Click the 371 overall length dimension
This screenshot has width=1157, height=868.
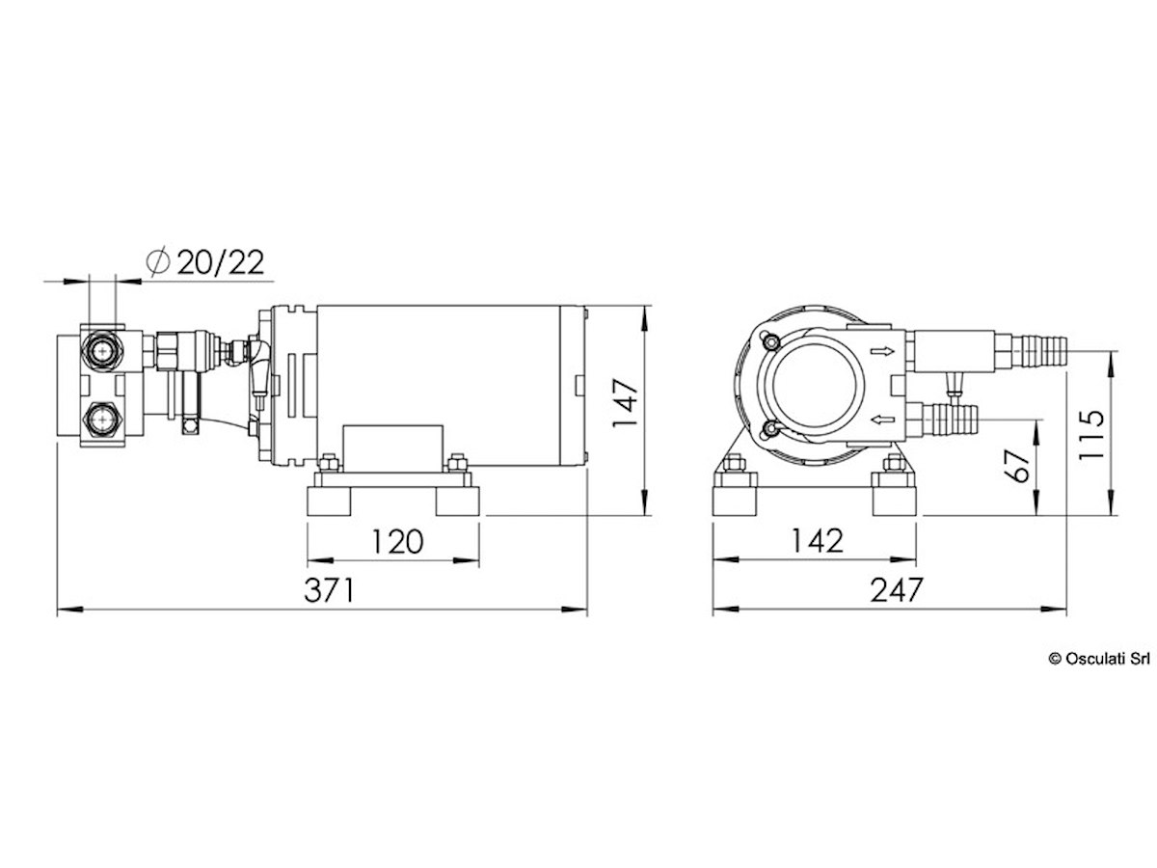click(x=329, y=589)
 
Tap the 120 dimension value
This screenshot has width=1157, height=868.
click(x=397, y=541)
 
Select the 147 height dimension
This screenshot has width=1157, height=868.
click(x=627, y=403)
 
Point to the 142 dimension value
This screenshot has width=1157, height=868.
click(x=818, y=541)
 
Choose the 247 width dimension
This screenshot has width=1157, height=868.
click(x=897, y=589)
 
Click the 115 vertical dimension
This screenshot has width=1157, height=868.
click(x=1091, y=435)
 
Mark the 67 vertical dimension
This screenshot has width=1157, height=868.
click(x=1017, y=466)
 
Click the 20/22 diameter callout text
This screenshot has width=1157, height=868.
click(x=221, y=262)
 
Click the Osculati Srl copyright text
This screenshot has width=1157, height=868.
click(x=1099, y=659)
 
